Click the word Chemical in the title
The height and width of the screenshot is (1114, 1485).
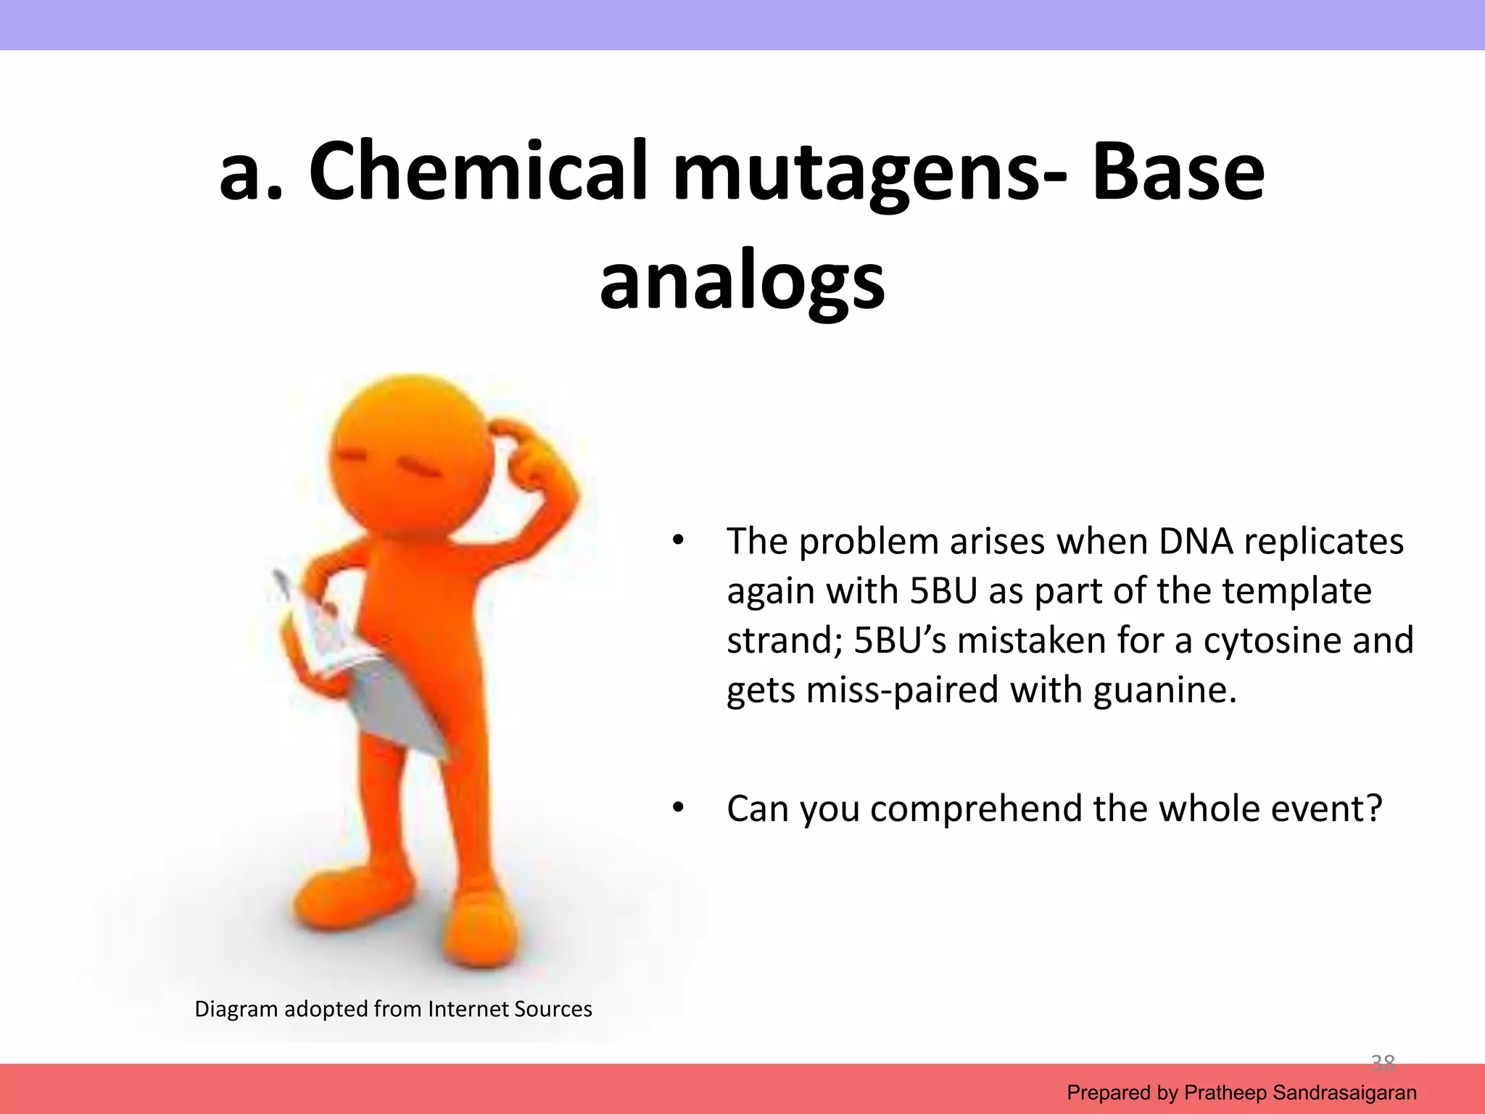pos(479,171)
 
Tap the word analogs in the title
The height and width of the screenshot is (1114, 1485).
pos(742,281)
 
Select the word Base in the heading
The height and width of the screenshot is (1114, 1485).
pos(1178,171)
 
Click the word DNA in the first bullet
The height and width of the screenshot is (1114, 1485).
pos(1195,542)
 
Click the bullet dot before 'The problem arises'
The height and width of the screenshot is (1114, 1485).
pos(678,540)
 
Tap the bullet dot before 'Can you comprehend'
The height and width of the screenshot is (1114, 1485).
pos(678,807)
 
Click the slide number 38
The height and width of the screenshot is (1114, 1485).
pos(1383,1063)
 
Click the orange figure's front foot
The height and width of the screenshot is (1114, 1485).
pos(482,936)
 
